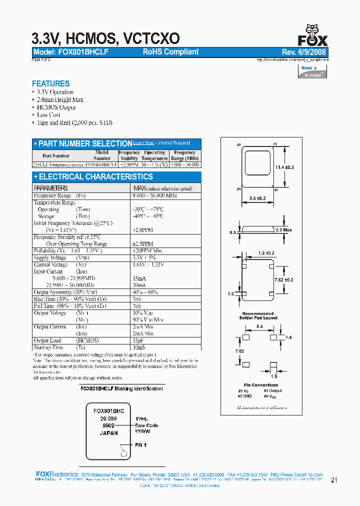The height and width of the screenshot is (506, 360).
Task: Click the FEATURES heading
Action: (50, 83)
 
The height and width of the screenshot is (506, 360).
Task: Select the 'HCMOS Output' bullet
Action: (56, 107)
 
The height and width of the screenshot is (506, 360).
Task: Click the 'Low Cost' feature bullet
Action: (48, 115)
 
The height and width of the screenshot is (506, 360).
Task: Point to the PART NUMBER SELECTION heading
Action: (85, 143)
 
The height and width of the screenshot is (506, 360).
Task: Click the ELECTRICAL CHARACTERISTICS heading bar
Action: (116, 176)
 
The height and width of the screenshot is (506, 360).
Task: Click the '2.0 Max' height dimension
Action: (283, 230)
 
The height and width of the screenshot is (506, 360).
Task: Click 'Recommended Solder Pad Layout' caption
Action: (258, 315)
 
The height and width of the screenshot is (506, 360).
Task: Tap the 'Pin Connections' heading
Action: (257, 385)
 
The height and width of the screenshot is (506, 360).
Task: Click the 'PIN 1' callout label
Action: (140, 444)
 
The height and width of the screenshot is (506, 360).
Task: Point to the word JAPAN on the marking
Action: (108, 433)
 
